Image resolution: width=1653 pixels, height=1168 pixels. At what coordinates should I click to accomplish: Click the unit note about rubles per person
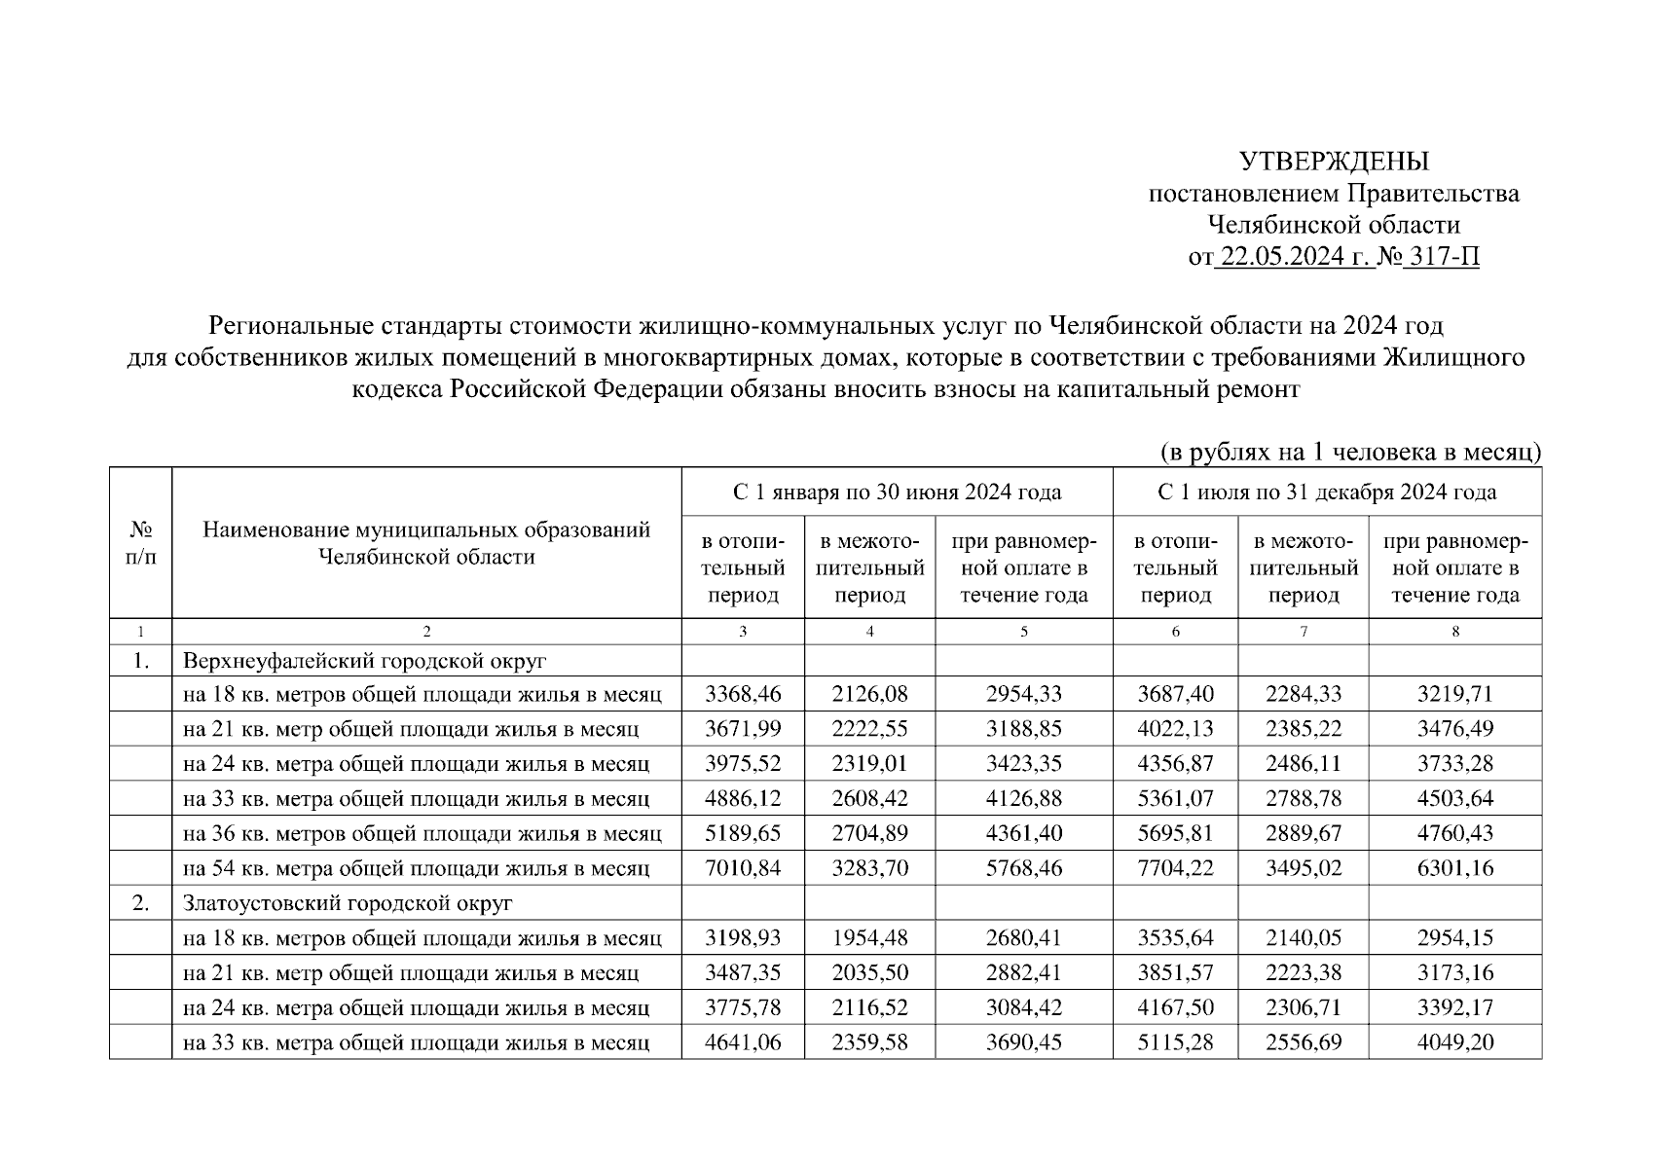coord(1350,452)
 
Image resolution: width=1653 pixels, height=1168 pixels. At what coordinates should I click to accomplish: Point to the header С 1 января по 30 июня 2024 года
coord(897,493)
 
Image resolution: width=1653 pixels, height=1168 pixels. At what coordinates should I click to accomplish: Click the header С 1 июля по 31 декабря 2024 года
coord(1327,493)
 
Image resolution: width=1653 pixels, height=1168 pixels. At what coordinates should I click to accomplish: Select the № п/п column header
coord(140,543)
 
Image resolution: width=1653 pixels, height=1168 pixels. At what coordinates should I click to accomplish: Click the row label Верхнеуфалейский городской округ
coord(364,661)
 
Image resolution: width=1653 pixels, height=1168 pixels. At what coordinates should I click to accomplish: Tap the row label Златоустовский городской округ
coord(347,903)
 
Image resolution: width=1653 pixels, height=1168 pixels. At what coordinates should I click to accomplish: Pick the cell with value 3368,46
coord(743,694)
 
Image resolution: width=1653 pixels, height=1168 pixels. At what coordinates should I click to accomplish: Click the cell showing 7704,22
coord(1175,868)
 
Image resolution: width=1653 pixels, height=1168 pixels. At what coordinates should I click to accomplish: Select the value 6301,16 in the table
coord(1454,868)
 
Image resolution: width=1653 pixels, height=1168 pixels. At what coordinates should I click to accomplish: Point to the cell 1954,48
coord(869,938)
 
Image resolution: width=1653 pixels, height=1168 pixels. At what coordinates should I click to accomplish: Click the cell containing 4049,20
coord(1454,1043)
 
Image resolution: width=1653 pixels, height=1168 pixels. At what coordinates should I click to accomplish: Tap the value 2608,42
coord(869,799)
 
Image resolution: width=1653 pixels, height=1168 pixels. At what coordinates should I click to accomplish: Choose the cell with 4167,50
coord(1175,1008)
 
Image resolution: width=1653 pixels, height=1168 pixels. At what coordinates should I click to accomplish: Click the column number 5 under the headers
coord(1024,632)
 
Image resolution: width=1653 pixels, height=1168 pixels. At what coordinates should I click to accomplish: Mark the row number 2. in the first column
coord(140,903)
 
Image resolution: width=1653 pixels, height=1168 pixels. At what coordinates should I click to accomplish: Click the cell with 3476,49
coord(1454,729)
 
